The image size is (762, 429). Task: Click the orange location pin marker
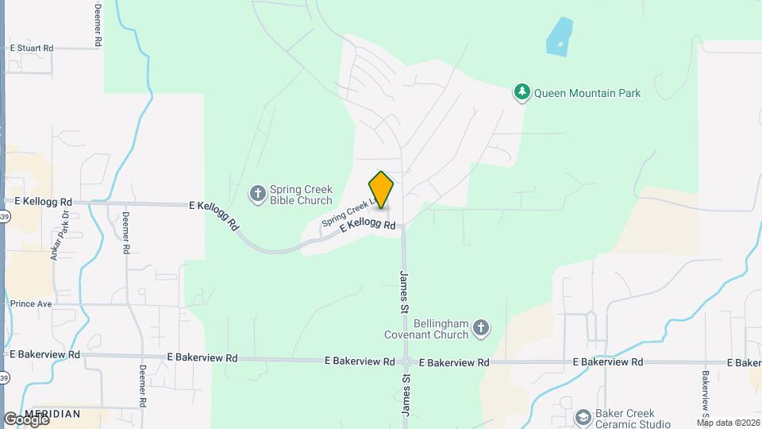click(381, 189)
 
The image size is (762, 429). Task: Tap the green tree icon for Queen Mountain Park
click(521, 93)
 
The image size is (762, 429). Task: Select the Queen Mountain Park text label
click(587, 93)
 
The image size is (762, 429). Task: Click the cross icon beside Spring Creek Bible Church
click(257, 192)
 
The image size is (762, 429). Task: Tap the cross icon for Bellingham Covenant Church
click(480, 327)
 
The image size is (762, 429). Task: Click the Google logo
click(26, 419)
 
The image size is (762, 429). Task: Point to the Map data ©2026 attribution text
click(727, 422)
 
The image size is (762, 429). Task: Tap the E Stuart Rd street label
click(31, 48)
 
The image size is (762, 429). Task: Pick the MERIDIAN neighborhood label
click(52, 414)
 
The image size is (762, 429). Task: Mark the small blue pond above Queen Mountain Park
click(558, 36)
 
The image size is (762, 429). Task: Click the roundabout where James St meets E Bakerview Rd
click(406, 361)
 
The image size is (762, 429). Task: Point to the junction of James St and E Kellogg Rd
click(403, 226)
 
